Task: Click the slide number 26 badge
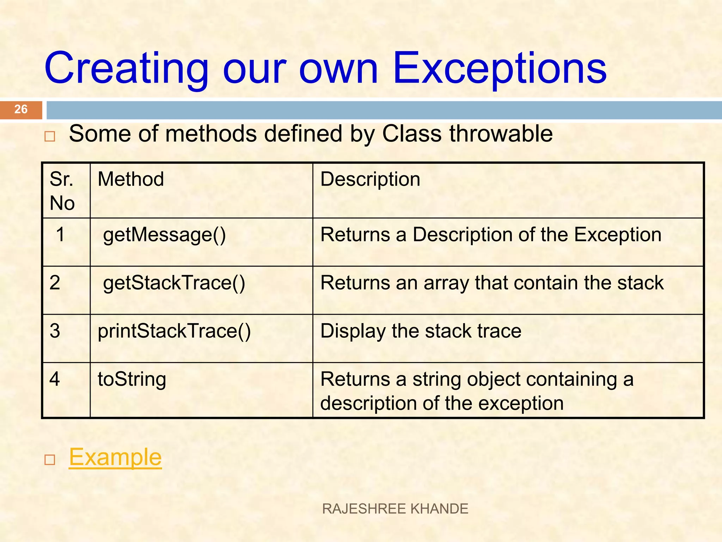point(21,109)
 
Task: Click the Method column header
point(131,179)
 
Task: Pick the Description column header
point(370,179)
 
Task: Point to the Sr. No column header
point(62,191)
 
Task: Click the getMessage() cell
point(164,235)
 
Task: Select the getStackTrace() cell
point(174,283)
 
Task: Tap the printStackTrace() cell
point(174,331)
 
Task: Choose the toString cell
point(132,379)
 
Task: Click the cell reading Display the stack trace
point(421,331)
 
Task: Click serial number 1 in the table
point(61,235)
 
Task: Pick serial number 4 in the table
point(55,379)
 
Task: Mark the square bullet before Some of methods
point(50,137)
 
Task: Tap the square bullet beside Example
point(50,460)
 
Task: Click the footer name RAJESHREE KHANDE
point(395,509)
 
